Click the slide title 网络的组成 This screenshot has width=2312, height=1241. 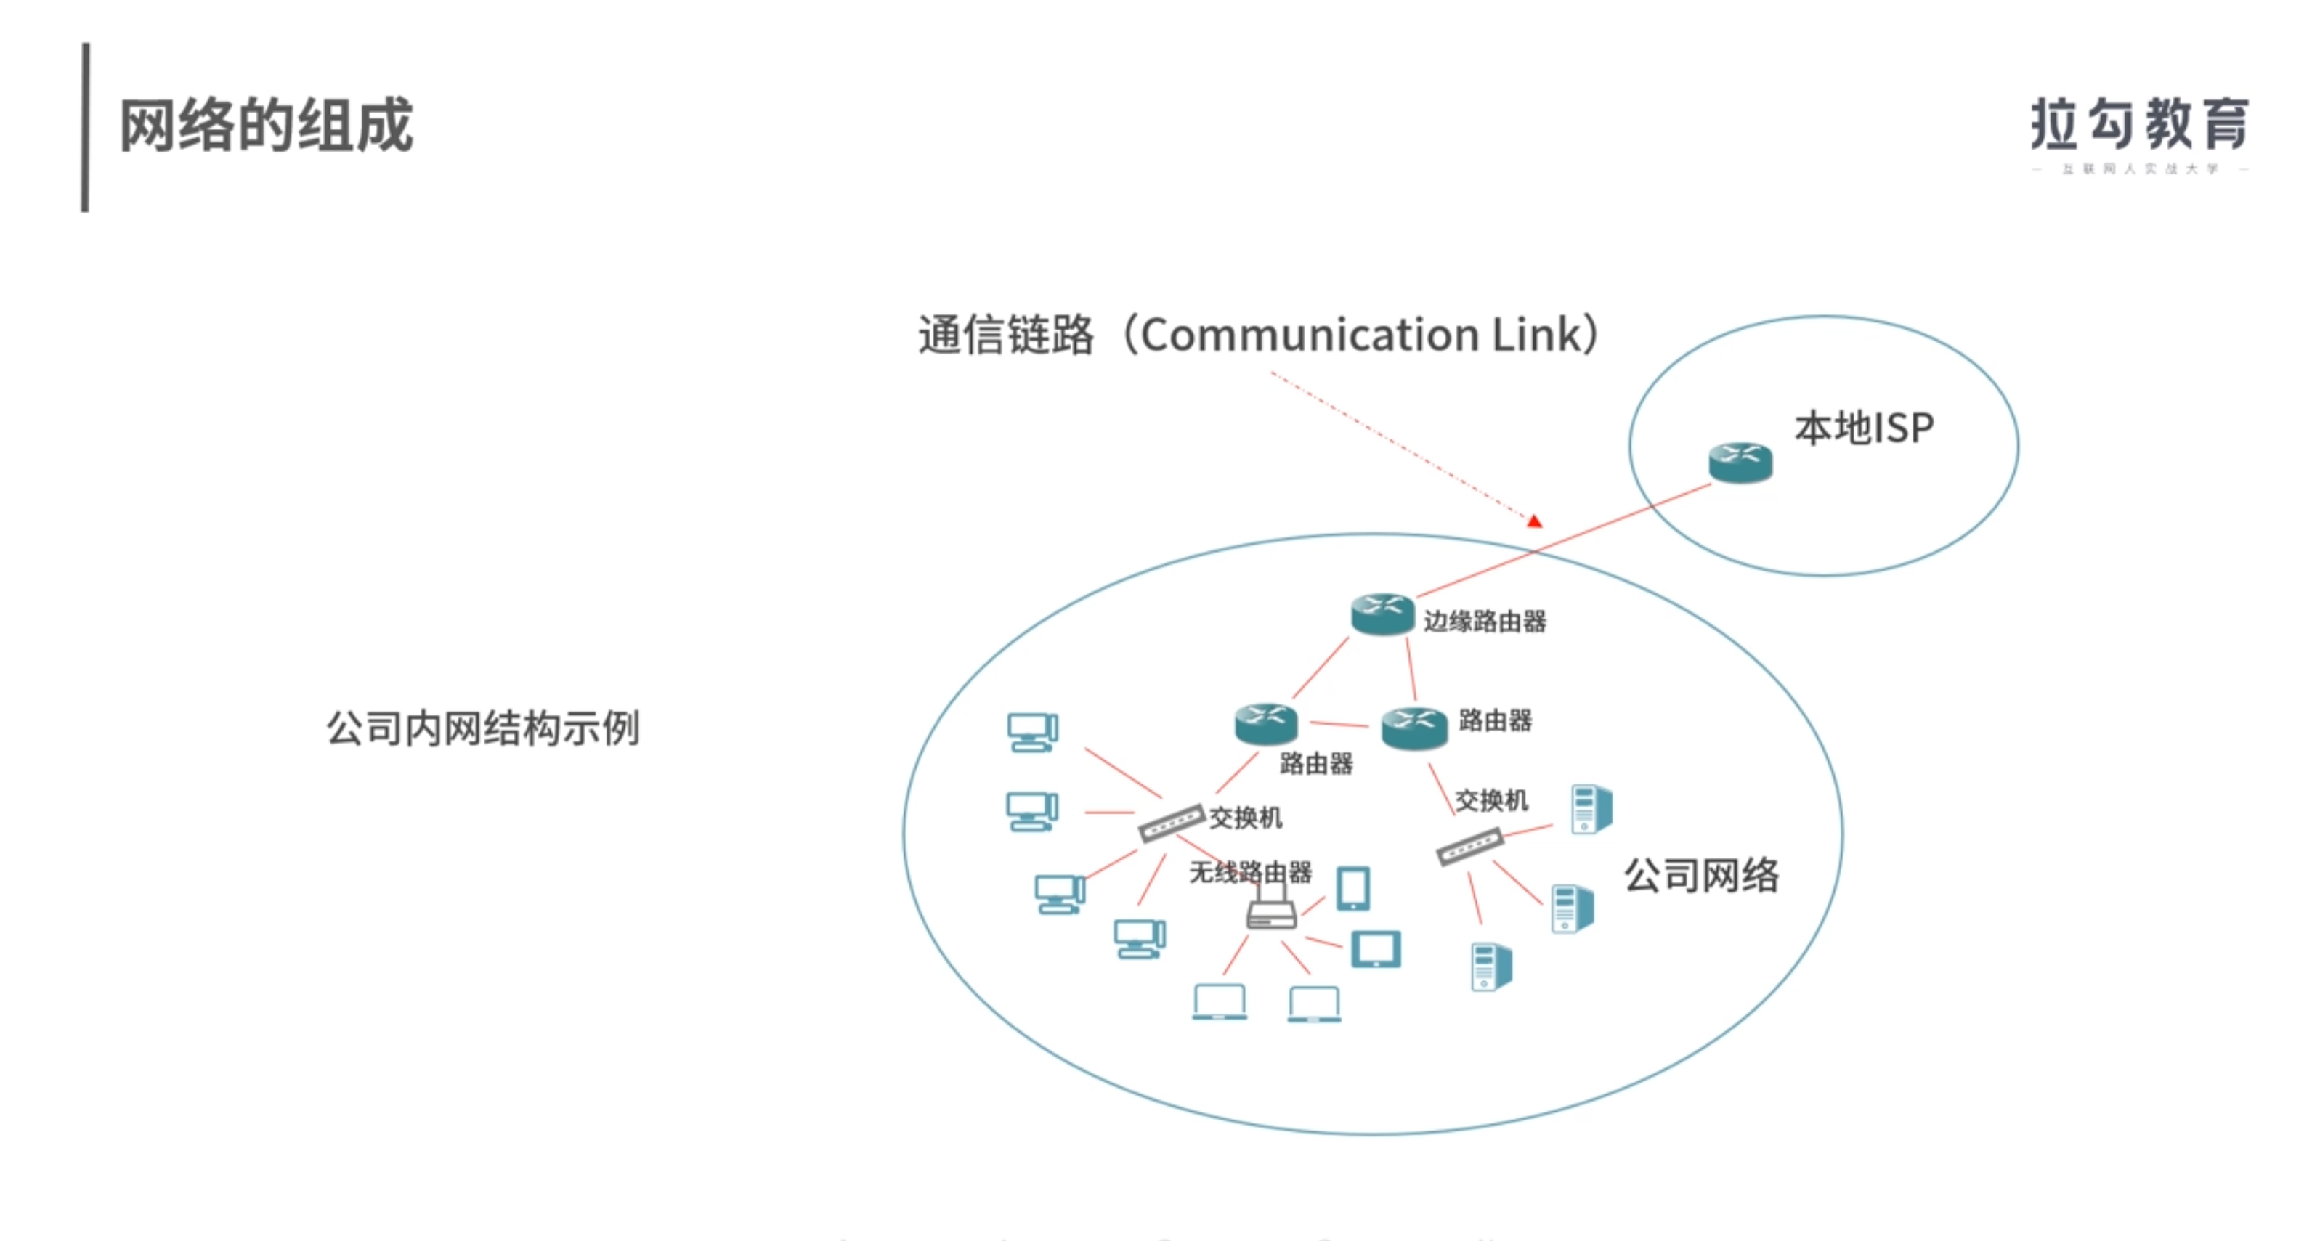click(x=266, y=126)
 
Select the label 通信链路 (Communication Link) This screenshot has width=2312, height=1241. click(x=1257, y=335)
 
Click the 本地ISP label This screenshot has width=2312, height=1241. click(x=1863, y=428)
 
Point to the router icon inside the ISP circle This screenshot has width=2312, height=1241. click(x=1740, y=462)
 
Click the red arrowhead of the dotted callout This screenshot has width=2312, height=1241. click(x=1535, y=521)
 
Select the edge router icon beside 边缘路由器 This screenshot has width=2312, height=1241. click(x=1382, y=614)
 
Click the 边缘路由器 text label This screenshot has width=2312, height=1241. click(x=1485, y=621)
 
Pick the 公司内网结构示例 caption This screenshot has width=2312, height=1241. click(x=483, y=728)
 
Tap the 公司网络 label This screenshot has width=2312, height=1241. click(x=1701, y=875)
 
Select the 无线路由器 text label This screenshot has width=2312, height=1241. click(x=1249, y=872)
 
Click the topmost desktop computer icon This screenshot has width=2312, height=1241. click(x=1032, y=732)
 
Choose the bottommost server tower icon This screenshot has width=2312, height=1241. click(x=1490, y=967)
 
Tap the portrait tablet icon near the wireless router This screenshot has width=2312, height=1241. click(x=1352, y=888)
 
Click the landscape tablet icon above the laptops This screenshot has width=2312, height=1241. click(x=1375, y=949)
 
